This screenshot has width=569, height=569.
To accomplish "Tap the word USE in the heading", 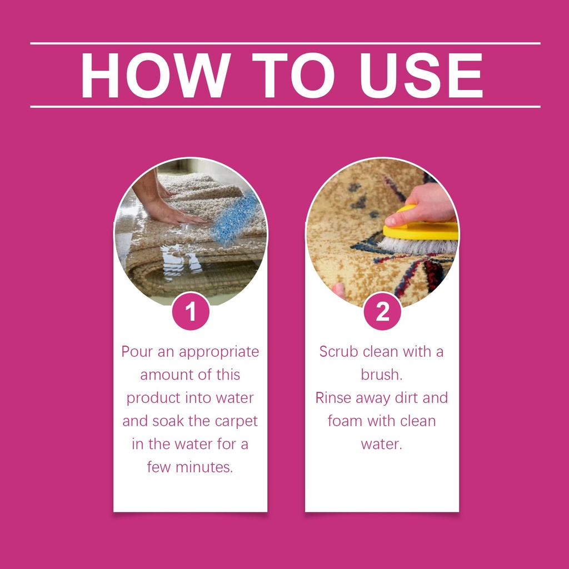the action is click(421, 75).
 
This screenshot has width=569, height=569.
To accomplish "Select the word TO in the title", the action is click(293, 75).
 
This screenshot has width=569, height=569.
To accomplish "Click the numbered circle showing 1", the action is click(191, 312).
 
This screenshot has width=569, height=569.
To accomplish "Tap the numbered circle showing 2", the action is click(382, 312).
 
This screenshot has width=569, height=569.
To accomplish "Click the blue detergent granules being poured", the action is click(236, 219).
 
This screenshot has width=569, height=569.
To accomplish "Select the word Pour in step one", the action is click(137, 352).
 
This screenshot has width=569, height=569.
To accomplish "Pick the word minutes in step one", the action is click(204, 467).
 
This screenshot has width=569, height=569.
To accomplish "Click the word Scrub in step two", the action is click(338, 352).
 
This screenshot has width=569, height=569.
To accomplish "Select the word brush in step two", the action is click(381, 375).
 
